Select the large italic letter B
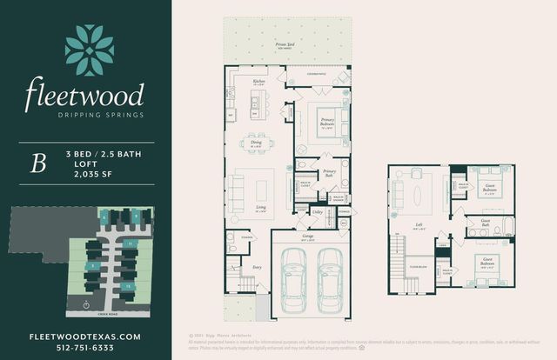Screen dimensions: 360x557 (x=37, y=165)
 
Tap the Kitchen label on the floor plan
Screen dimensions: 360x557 (x=258, y=81)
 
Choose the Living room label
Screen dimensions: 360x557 (x=260, y=208)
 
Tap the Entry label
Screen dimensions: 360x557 (x=258, y=268)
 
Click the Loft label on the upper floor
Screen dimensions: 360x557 (x=419, y=223)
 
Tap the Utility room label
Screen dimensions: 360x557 (x=318, y=211)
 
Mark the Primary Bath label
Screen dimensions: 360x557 (x=330, y=172)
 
